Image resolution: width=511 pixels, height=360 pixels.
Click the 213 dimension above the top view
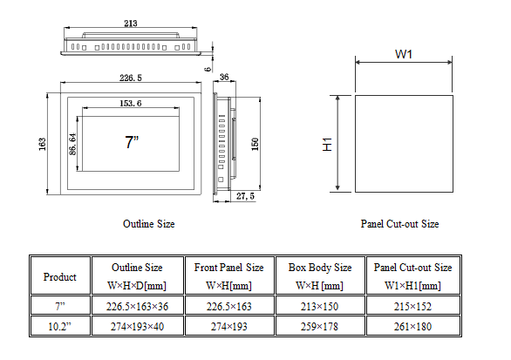(x=130, y=24)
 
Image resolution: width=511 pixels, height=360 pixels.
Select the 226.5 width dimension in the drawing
(x=130, y=78)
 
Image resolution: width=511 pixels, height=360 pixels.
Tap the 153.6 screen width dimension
(x=130, y=103)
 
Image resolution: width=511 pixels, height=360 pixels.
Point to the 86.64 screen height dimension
(x=73, y=144)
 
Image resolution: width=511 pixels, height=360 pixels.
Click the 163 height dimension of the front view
(x=43, y=144)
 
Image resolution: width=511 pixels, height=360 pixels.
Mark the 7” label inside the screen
(x=132, y=142)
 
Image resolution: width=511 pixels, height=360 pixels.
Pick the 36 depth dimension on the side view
(x=224, y=77)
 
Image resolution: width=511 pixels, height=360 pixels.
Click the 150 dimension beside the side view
(x=255, y=144)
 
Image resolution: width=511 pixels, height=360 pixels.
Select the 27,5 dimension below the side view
(x=245, y=196)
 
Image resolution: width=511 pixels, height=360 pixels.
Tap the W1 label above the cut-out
(x=404, y=54)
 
